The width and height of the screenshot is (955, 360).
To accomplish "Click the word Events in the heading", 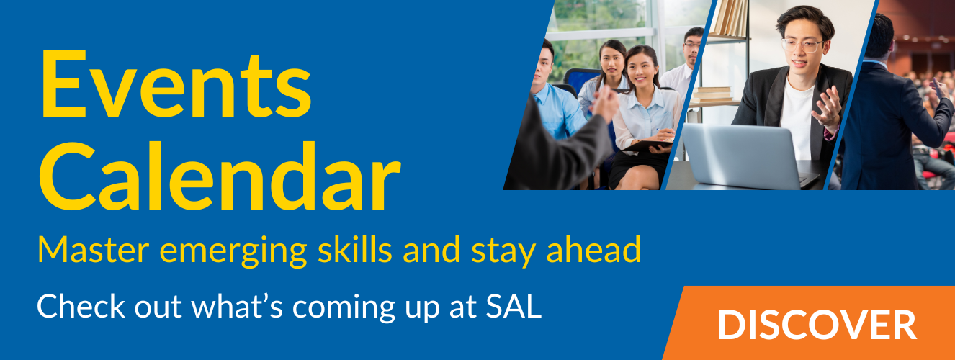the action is [x=176, y=84].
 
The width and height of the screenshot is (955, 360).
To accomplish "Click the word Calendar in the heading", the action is [x=220, y=176].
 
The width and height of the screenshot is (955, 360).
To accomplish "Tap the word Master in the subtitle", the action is [x=94, y=250].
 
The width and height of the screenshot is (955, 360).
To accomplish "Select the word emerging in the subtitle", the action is [x=233, y=252].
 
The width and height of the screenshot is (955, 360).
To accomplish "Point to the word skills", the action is [x=355, y=249].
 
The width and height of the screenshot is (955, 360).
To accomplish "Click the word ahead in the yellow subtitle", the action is [x=593, y=249].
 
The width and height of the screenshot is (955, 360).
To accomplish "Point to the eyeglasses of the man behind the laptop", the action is [x=802, y=45].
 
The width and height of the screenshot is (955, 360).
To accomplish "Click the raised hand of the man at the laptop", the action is [x=827, y=108].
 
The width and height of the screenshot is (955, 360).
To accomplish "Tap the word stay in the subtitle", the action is [x=503, y=251].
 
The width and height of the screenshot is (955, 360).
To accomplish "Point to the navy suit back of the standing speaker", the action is [x=878, y=128].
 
